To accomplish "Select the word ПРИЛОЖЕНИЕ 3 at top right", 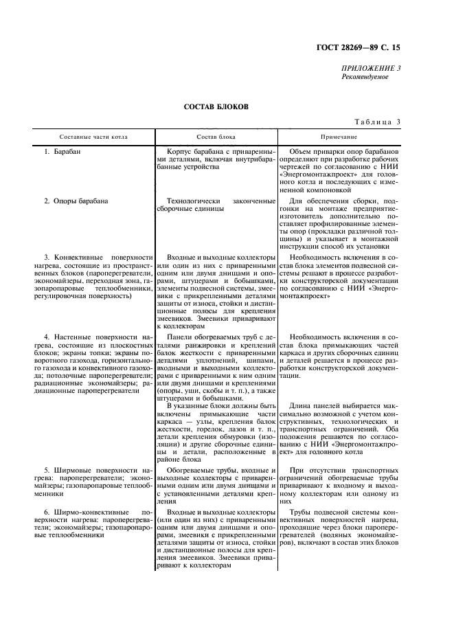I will coord(371,68).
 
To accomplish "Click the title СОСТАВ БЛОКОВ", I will coord(216,107).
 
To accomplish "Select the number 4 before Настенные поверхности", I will coord(46,337).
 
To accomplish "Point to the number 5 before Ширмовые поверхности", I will coord(46,469).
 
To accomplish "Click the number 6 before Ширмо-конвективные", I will coord(46,513).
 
